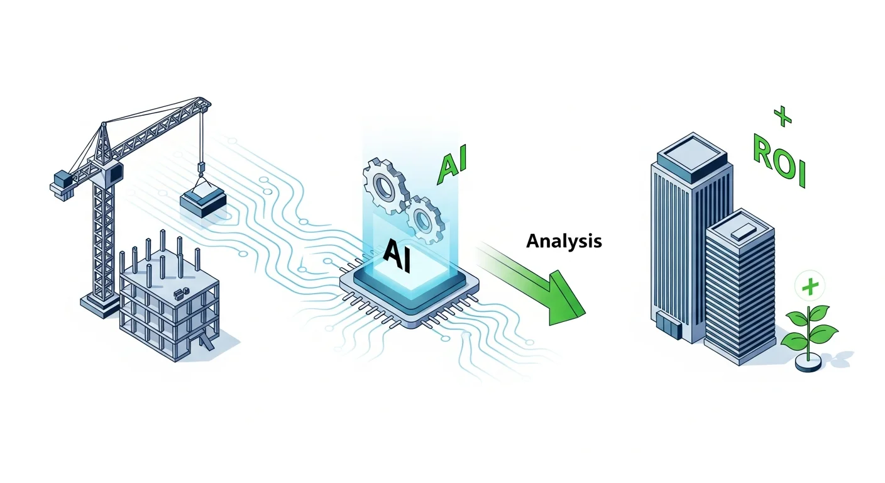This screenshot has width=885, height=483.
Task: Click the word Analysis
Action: click(564, 240)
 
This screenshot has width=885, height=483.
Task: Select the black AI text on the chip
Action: click(397, 258)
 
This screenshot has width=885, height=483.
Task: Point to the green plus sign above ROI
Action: click(781, 115)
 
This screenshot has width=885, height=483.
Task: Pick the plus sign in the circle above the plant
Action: click(810, 287)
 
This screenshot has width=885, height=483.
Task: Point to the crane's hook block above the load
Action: click(202, 168)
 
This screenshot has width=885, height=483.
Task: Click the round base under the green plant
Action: click(808, 363)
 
